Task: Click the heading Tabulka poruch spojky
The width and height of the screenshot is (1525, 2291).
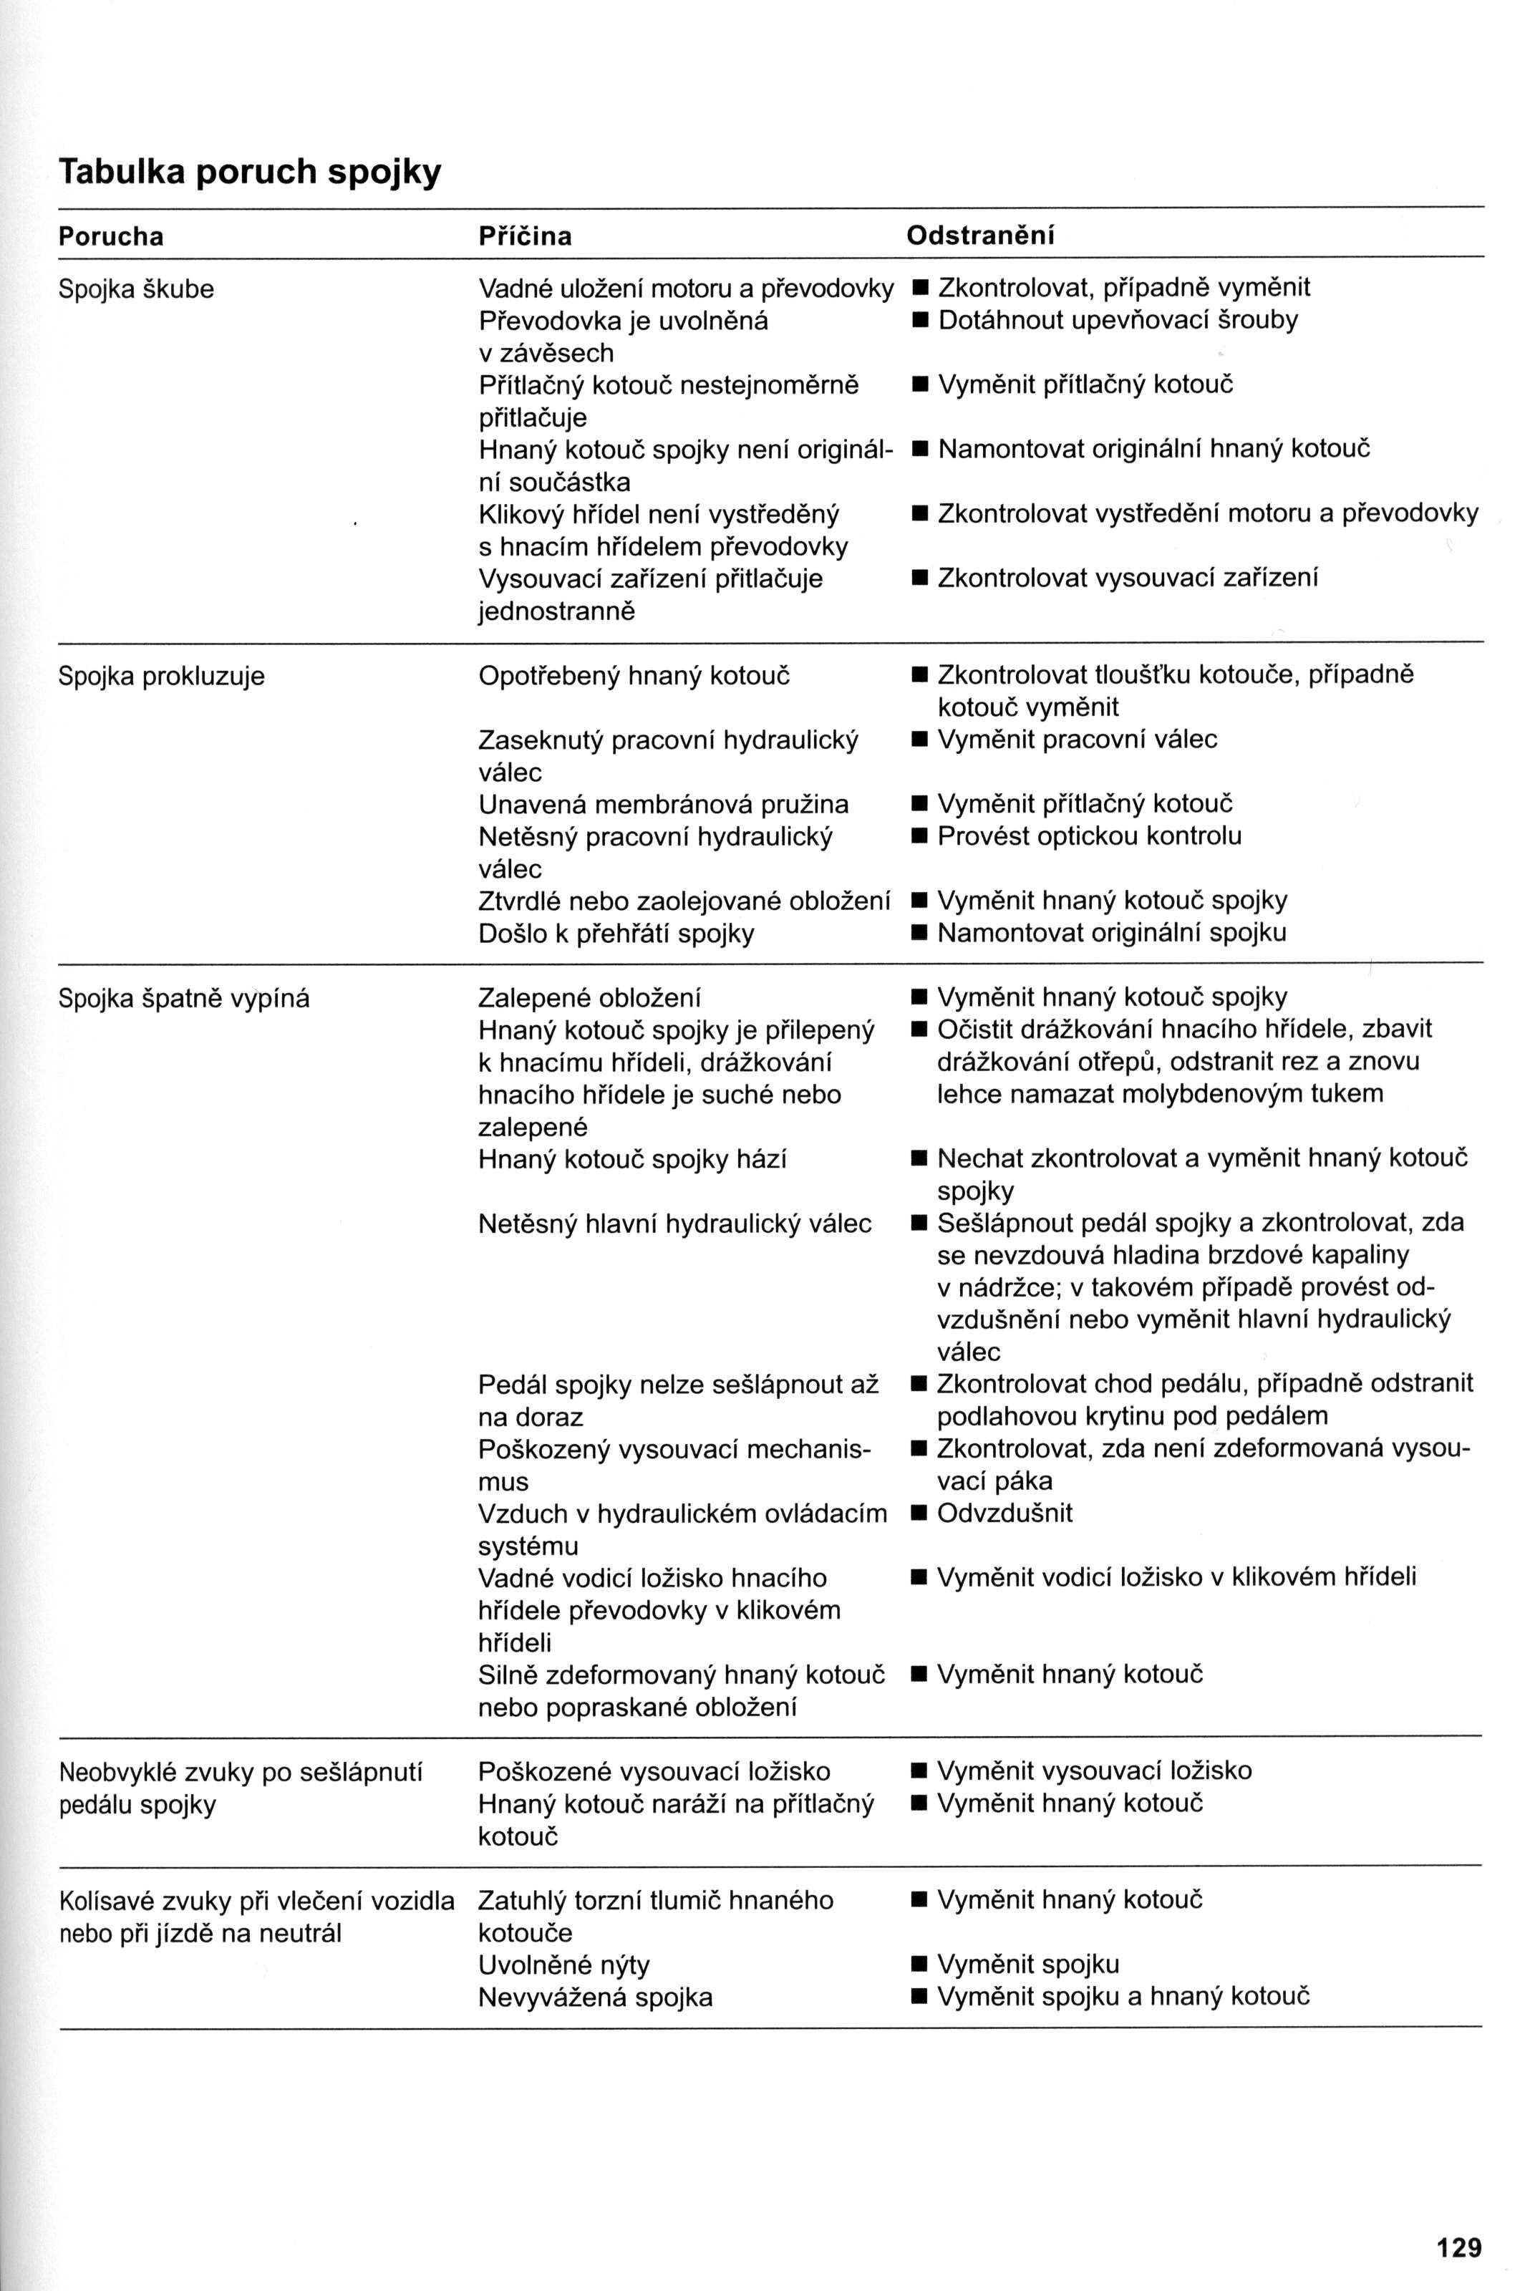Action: tap(250, 172)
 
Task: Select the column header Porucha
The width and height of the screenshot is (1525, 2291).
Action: tap(111, 236)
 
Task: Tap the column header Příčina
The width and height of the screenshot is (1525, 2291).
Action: tap(526, 236)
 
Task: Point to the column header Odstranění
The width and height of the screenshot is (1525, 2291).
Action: tap(980, 236)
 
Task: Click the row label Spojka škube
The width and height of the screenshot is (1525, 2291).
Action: tap(136, 289)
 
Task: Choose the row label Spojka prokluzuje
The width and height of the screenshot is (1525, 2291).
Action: tap(161, 676)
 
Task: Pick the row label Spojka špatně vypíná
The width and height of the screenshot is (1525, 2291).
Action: tap(184, 998)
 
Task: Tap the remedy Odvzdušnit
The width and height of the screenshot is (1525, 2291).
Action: tap(1004, 1513)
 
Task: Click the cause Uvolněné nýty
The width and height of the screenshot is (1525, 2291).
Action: tap(564, 1965)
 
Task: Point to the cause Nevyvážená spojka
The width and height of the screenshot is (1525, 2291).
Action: tap(595, 1997)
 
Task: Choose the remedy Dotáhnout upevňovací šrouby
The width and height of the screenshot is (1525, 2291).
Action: tap(1118, 320)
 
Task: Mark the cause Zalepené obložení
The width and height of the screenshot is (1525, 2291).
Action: tap(589, 998)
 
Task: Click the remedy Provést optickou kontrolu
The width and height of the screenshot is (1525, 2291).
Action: tap(1089, 836)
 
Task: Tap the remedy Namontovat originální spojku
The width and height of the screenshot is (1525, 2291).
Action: tap(1112, 934)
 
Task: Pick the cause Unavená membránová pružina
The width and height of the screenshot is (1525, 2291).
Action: tap(663, 804)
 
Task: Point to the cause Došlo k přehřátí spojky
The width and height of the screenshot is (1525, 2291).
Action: tap(616, 934)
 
